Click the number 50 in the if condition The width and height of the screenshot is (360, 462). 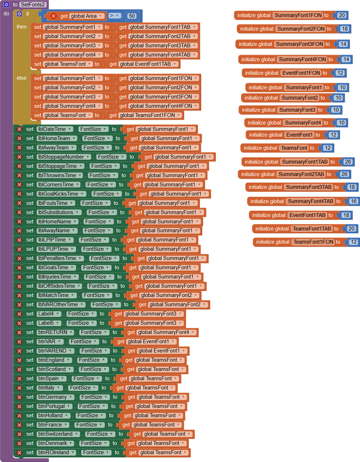[132, 16]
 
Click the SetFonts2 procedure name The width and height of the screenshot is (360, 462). [33, 5]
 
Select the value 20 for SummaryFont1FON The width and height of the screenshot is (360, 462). [342, 15]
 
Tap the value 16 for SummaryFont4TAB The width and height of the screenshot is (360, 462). [353, 201]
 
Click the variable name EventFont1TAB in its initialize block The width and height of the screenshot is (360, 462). [307, 215]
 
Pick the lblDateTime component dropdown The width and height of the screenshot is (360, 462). [55, 129]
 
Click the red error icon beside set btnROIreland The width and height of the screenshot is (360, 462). [19, 453]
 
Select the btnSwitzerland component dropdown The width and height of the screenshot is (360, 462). [58, 434]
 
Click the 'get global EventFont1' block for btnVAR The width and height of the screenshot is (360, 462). [146, 341]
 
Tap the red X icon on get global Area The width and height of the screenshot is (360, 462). [54, 16]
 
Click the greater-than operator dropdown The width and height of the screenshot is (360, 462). [114, 16]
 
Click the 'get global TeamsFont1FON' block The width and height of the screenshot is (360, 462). [144, 115]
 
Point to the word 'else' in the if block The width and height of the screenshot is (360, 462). [21, 78]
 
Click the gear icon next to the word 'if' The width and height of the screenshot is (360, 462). [19, 14]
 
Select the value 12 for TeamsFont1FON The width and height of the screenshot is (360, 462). [353, 242]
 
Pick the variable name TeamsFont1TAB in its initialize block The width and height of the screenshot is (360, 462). [312, 229]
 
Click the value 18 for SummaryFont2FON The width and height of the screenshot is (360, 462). [344, 29]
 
